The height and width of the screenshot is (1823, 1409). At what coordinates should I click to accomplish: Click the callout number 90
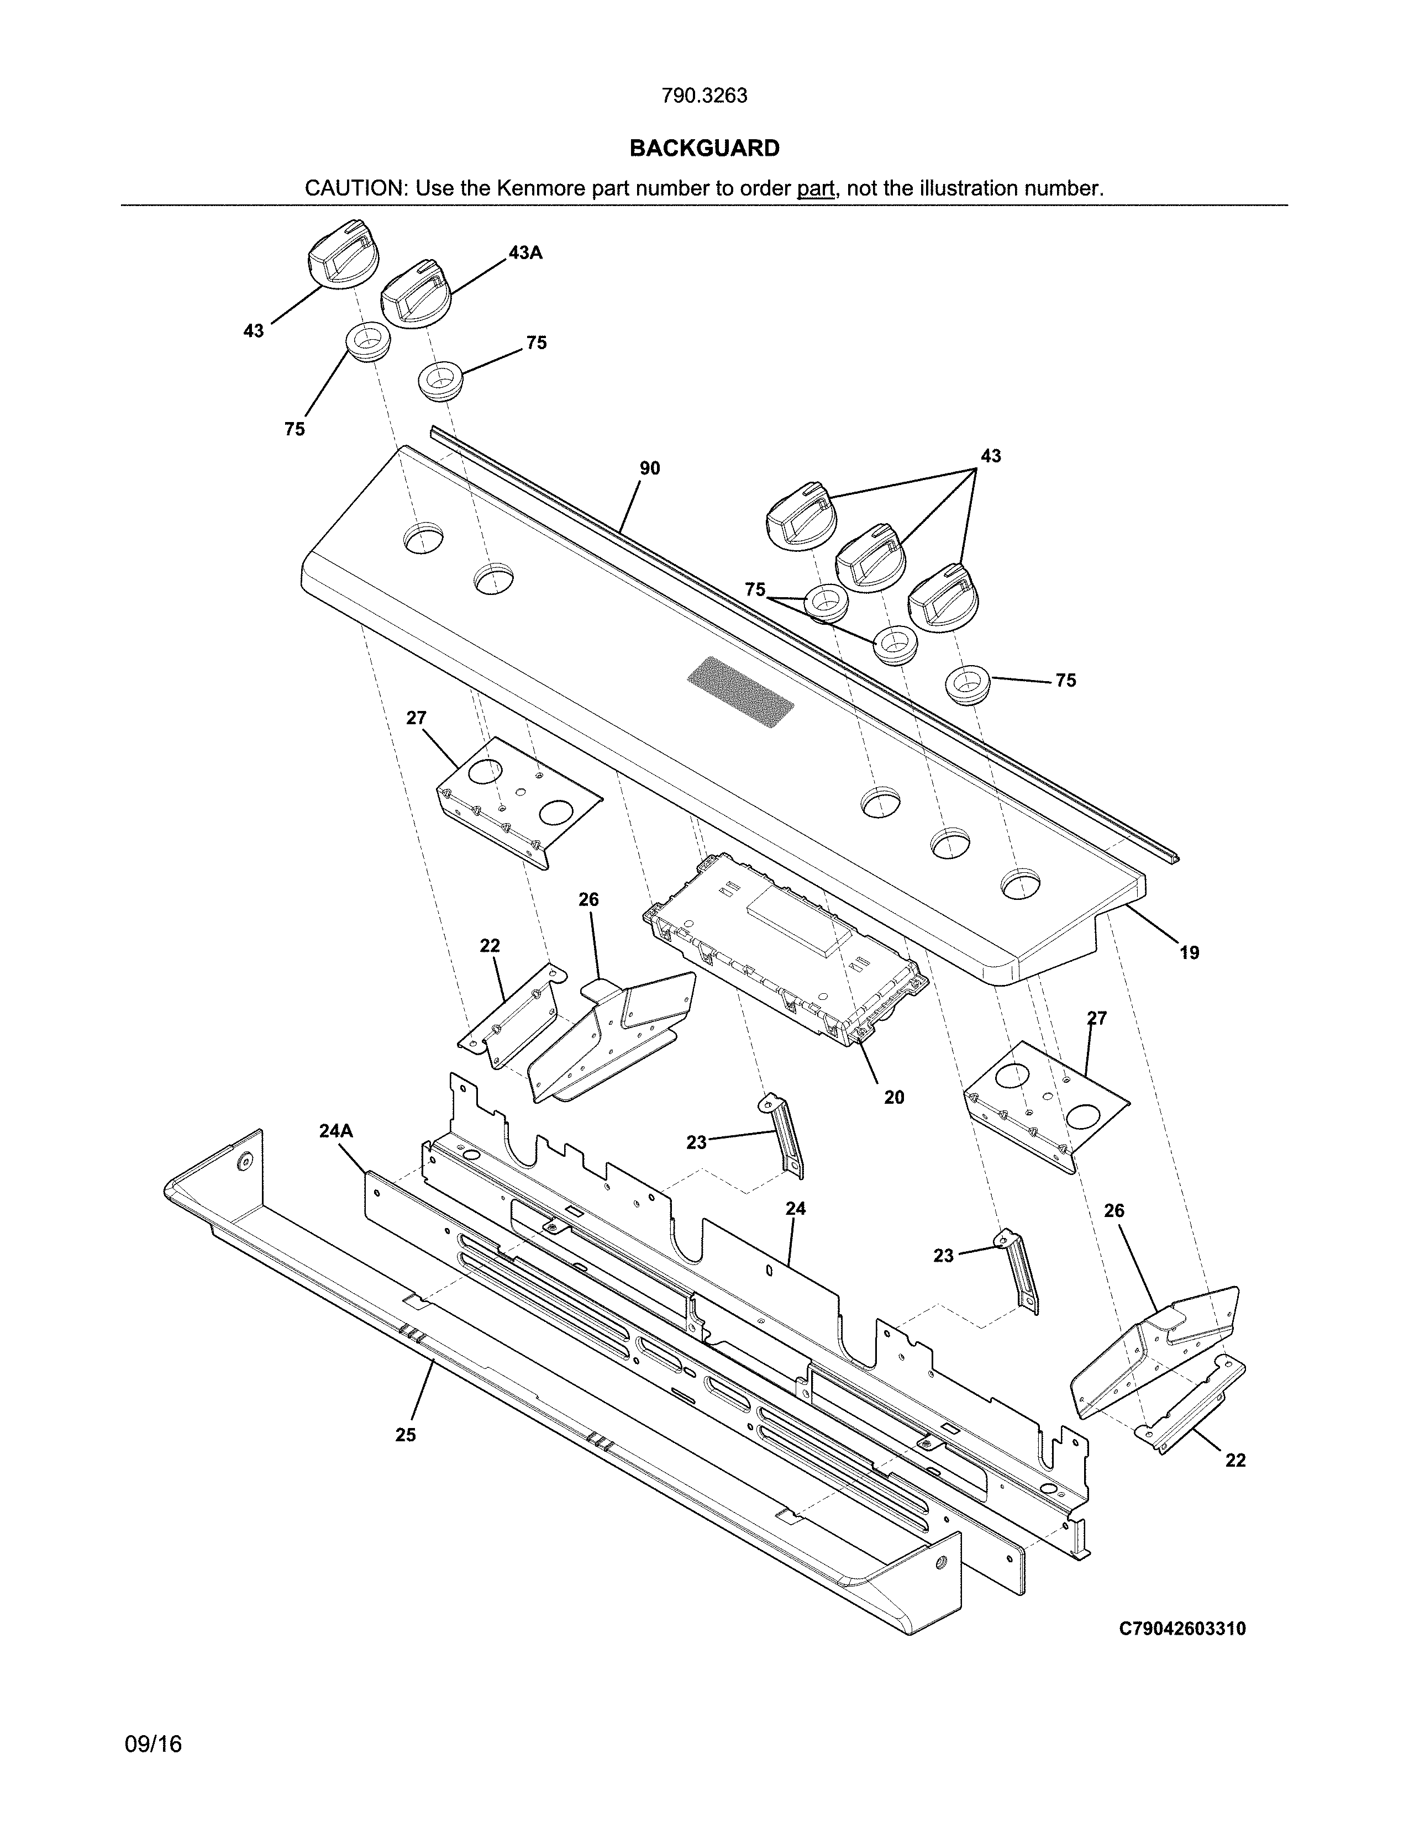tap(649, 468)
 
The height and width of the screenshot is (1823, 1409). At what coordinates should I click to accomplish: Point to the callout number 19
tap(1189, 952)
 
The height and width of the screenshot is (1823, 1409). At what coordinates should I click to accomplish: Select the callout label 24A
tap(335, 1130)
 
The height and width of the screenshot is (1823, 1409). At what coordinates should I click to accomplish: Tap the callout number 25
tap(405, 1435)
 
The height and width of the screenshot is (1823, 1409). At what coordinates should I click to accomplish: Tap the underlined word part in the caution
tap(816, 188)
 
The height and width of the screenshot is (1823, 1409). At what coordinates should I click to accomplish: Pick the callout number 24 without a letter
tap(796, 1208)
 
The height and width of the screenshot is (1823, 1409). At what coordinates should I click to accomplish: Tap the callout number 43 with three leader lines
tap(990, 456)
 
